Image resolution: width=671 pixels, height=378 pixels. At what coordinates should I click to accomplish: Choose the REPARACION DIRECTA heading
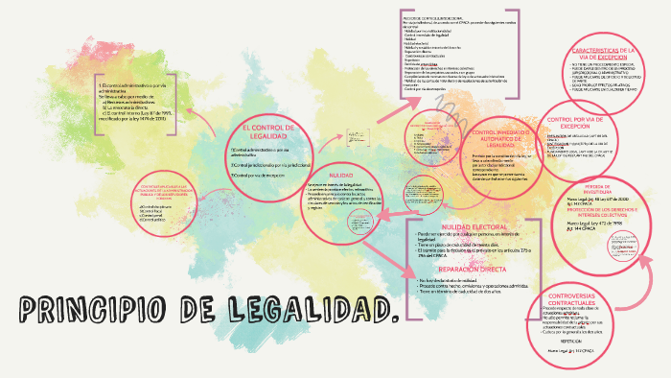click(x=458, y=271)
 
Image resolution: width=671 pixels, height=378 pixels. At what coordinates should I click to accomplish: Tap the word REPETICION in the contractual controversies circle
click(x=573, y=341)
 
